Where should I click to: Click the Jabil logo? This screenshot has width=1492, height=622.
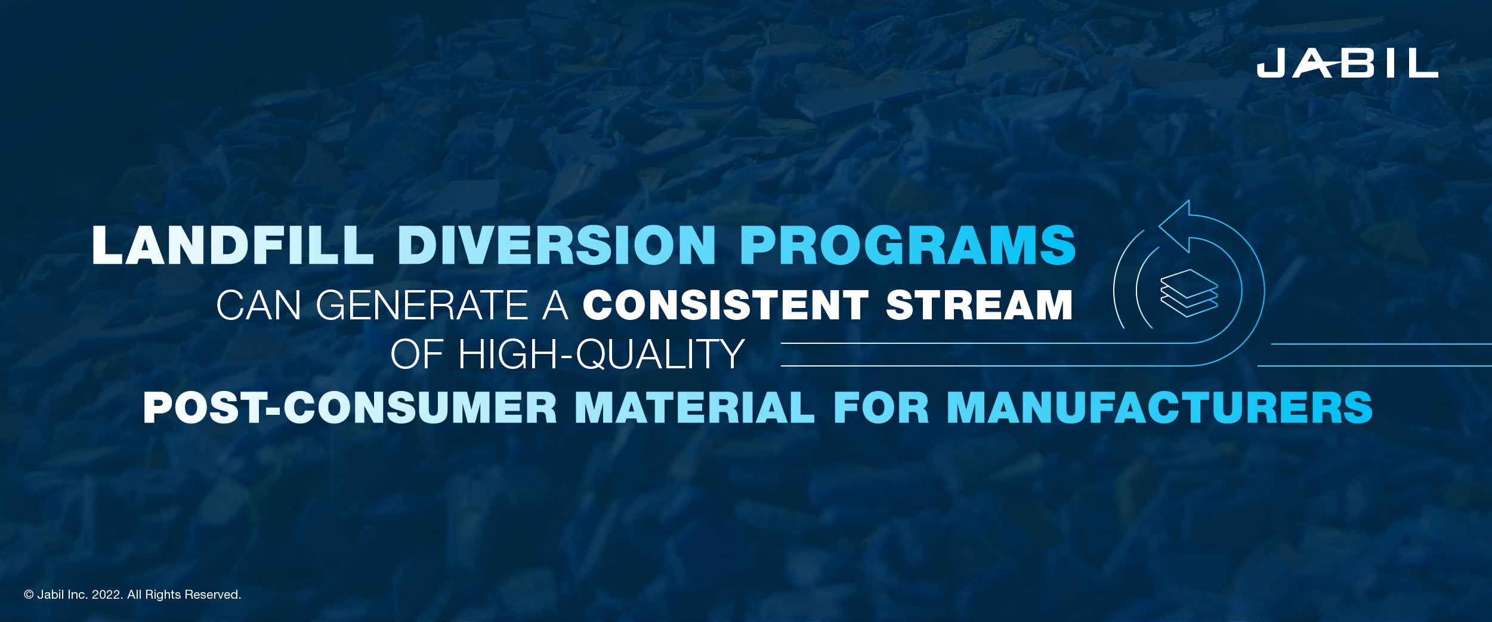click(1347, 63)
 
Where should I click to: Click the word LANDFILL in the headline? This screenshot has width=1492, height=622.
click(233, 245)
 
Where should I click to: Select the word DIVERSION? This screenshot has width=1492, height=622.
click(557, 245)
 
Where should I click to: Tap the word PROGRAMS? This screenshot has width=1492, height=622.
click(907, 245)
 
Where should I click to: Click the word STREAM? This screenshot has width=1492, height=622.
click(980, 306)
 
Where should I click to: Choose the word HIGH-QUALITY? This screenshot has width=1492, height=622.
click(601, 355)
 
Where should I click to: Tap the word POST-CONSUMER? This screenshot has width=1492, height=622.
click(350, 408)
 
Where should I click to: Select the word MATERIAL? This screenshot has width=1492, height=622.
click(694, 408)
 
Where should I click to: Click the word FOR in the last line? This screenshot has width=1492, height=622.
click(881, 408)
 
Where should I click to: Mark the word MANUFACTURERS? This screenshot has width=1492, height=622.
click(1160, 408)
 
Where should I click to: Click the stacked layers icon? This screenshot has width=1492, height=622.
click(1189, 292)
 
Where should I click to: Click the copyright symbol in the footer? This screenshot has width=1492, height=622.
click(29, 595)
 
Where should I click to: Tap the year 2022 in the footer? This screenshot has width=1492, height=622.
click(106, 595)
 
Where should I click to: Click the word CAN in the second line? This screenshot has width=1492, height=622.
click(258, 306)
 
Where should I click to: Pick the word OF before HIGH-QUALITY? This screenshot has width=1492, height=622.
click(417, 355)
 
